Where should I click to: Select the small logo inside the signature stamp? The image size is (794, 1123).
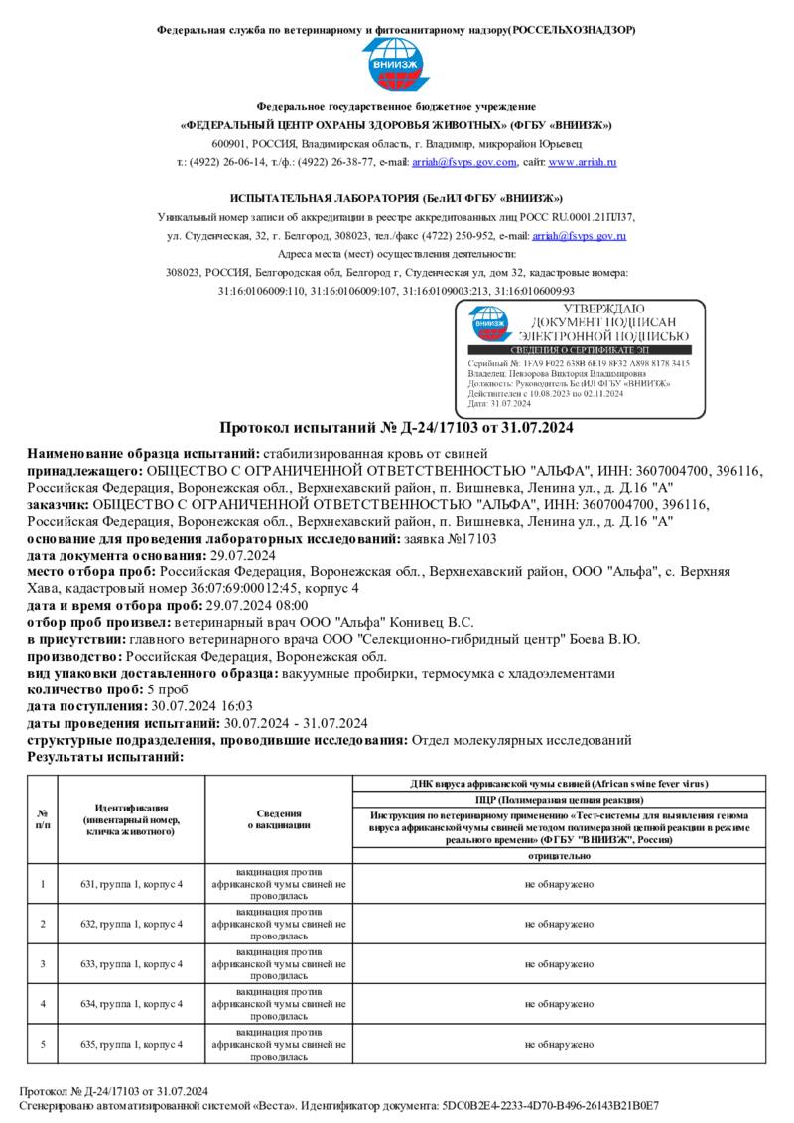point(490,323)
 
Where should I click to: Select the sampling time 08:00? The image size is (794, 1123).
point(290,605)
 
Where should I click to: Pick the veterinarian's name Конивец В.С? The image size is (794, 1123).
point(419,622)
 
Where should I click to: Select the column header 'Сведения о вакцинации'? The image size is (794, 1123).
point(279,818)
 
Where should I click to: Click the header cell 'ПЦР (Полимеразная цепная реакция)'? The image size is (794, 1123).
point(560,798)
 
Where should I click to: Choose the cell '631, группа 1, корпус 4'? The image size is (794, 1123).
point(131,883)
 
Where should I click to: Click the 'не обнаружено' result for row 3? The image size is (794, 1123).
point(560,963)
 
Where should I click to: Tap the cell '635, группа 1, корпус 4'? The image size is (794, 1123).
point(131,1044)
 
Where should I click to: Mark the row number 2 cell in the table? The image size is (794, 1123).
point(43,924)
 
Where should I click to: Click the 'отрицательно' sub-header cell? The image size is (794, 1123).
point(560,854)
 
